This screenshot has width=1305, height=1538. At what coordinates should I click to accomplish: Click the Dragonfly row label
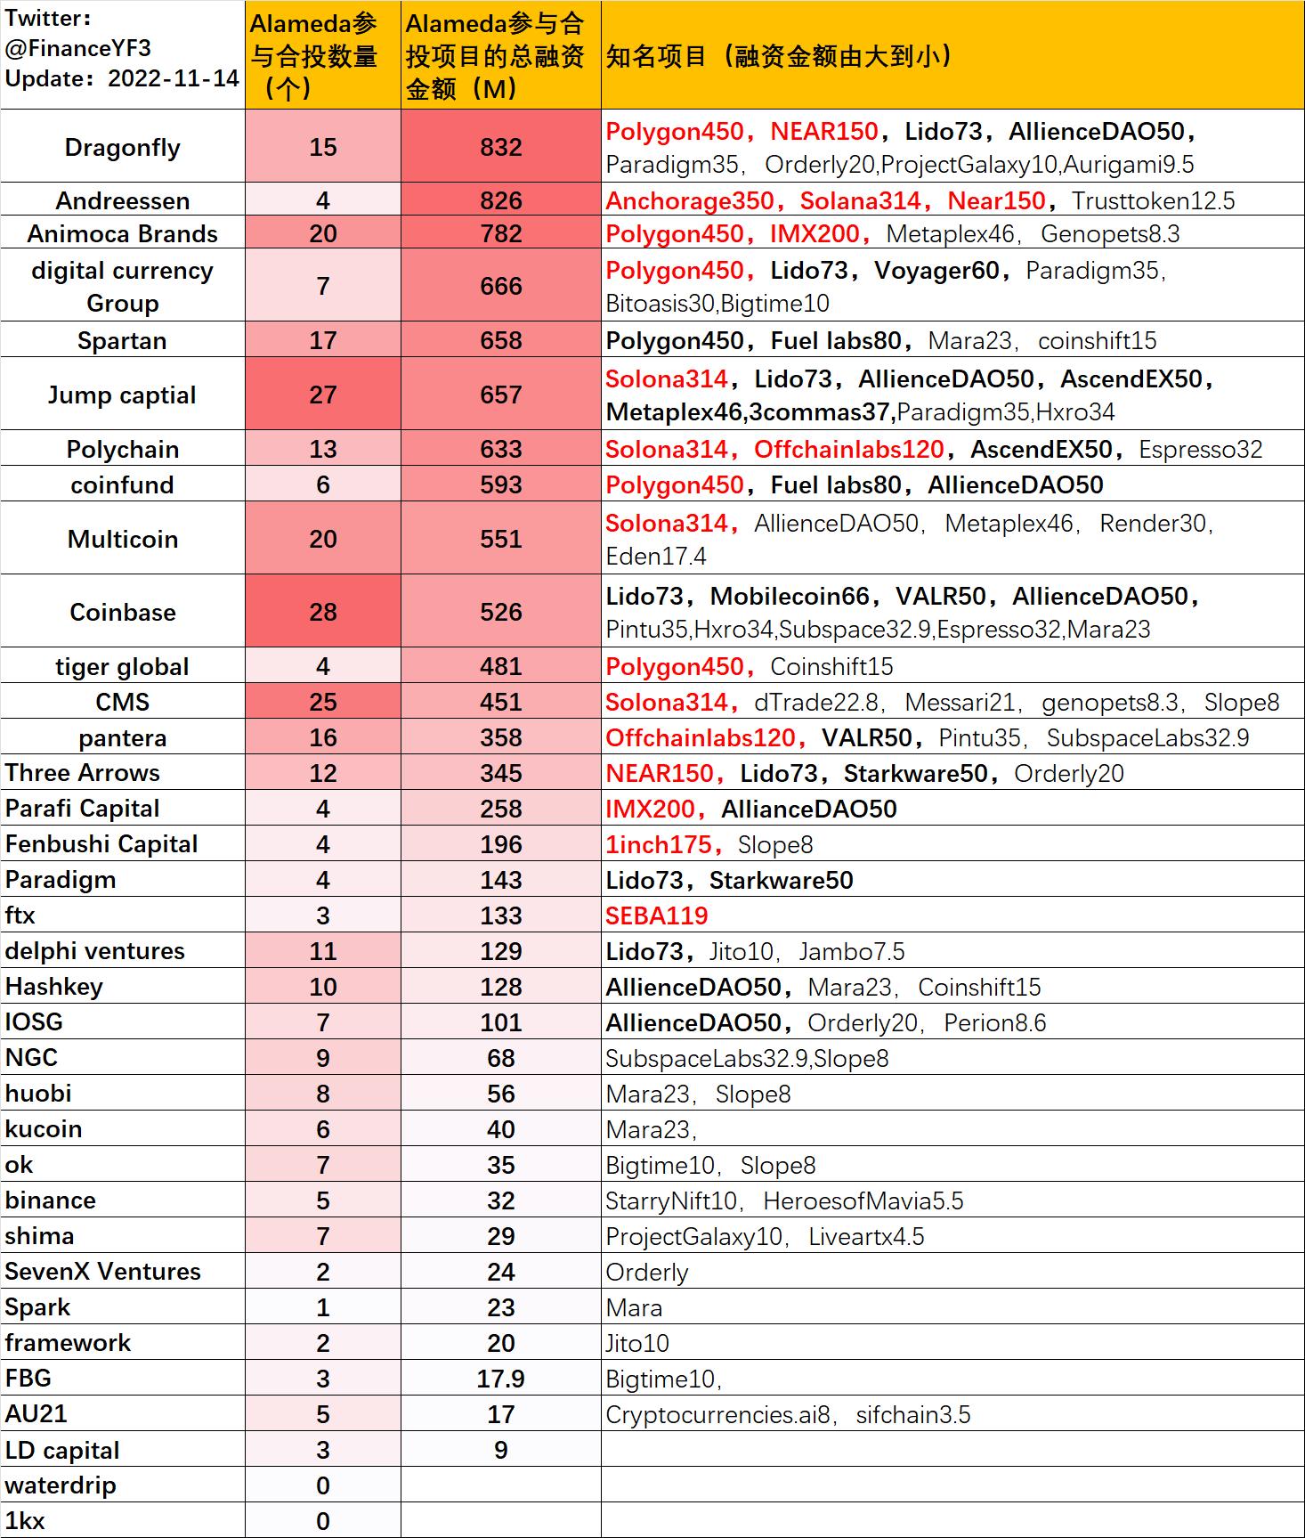tap(122, 148)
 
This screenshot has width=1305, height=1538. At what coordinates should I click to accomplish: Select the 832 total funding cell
tap(500, 148)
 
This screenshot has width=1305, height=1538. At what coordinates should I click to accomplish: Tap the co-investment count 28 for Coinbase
tap(322, 612)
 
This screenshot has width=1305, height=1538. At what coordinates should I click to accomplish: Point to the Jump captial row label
tap(122, 395)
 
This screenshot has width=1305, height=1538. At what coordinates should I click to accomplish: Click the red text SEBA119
tap(657, 915)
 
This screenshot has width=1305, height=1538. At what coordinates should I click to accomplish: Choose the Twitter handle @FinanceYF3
tap(77, 48)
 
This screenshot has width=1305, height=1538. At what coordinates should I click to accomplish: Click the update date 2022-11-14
tap(174, 78)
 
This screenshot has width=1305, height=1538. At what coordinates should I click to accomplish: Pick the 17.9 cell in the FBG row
tap(500, 1379)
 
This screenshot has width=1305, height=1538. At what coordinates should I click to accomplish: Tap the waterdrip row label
tap(61, 1485)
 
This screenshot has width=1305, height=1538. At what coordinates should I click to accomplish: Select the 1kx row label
tap(25, 1521)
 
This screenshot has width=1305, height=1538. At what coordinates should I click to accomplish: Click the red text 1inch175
tap(659, 844)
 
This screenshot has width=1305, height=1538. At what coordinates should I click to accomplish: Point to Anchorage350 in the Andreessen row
tap(690, 200)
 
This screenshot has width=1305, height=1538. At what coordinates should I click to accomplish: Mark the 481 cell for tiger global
tap(500, 666)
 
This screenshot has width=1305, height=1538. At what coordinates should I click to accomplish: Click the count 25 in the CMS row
tap(322, 702)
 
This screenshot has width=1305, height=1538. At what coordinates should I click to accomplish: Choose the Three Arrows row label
tap(83, 773)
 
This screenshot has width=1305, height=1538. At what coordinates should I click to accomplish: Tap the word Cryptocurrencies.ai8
tap(717, 1414)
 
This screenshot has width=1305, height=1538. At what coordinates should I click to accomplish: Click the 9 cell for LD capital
tap(500, 1450)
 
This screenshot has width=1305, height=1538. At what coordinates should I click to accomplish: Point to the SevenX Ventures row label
tap(102, 1272)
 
